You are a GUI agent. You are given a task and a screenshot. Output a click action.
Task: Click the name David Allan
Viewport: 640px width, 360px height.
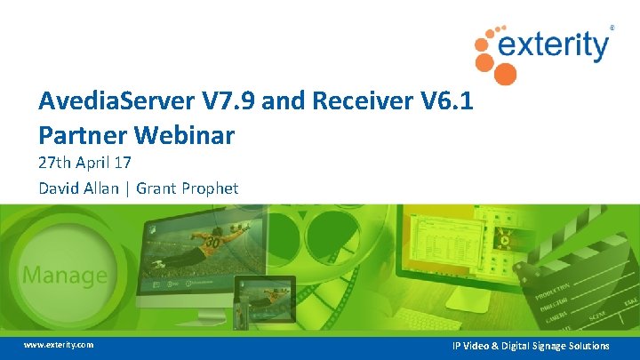[x=76, y=188]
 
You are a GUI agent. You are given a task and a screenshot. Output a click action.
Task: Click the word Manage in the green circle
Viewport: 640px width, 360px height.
[x=64, y=275]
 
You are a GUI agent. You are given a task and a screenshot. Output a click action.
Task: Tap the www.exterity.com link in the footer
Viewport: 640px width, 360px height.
[x=58, y=344]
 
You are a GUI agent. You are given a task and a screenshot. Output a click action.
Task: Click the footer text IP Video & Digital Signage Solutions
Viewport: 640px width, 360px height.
[x=530, y=345]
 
